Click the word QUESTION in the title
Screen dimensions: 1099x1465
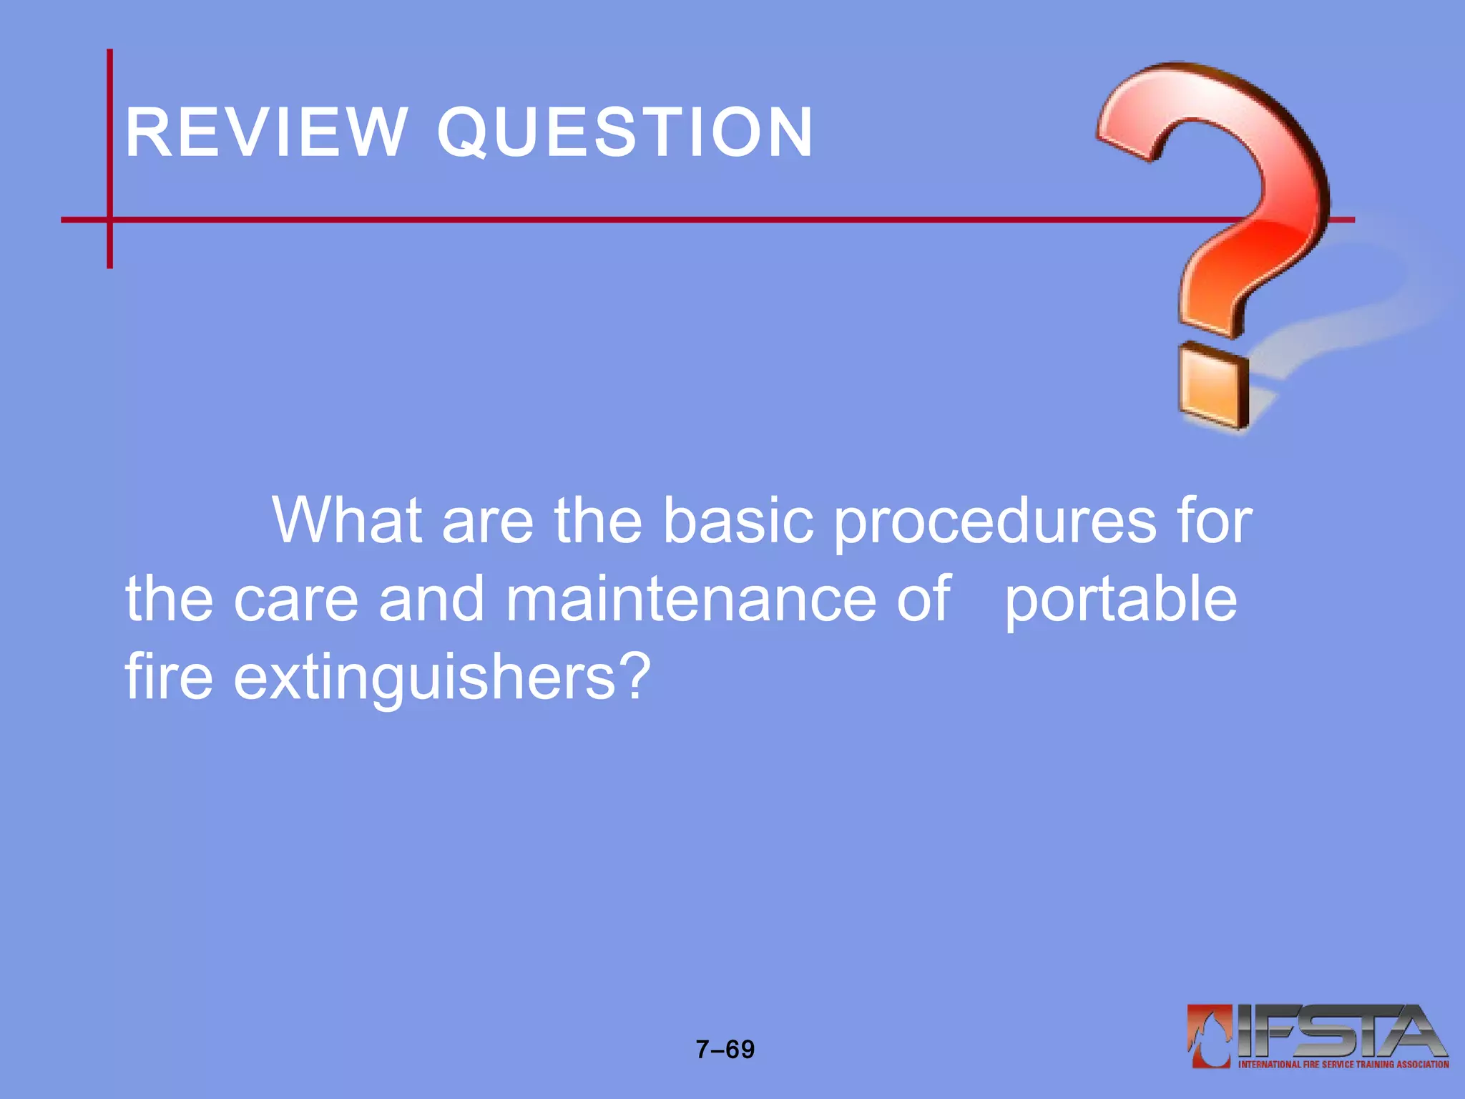625,132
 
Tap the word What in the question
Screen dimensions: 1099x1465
346,521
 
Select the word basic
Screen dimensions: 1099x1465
738,521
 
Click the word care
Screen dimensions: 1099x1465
295,600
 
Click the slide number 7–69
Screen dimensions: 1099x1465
725,1050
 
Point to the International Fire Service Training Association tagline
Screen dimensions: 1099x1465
1343,1065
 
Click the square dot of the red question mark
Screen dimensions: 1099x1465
1213,386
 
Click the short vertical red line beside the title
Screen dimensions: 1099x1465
109,158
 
